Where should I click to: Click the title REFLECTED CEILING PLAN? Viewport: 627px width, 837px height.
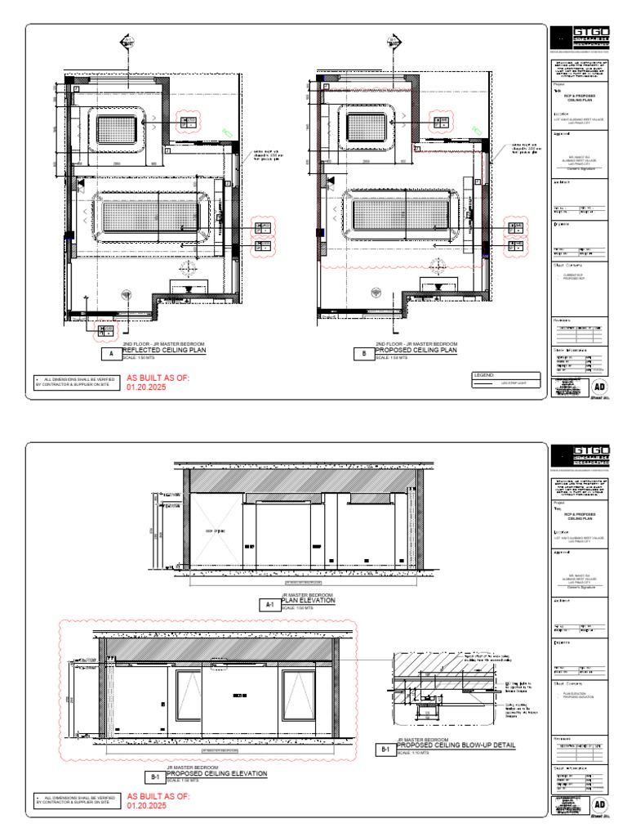click(164, 351)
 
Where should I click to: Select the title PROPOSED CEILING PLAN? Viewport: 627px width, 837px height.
click(416, 351)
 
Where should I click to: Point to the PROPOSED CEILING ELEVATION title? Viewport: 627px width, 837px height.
click(217, 773)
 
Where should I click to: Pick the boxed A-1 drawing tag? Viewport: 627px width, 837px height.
click(269, 605)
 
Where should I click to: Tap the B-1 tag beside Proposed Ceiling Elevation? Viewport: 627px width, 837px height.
click(153, 777)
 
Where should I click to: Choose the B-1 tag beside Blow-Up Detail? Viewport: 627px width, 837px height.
click(384, 750)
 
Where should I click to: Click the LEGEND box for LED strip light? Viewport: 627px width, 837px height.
click(506, 379)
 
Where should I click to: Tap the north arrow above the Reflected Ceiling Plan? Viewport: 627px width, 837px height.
click(127, 41)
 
